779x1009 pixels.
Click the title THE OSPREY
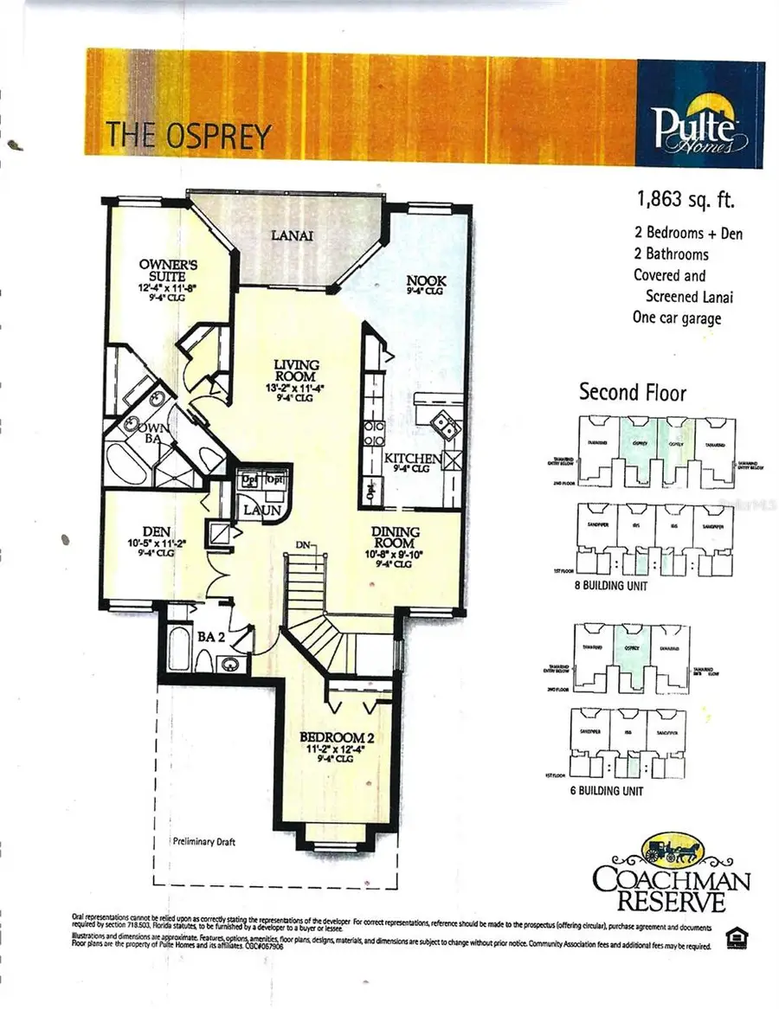pos(189,136)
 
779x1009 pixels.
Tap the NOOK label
pos(424,283)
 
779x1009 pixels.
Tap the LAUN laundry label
pos(261,511)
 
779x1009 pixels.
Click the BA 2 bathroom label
pos(210,636)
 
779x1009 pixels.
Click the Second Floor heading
pos(633,392)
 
